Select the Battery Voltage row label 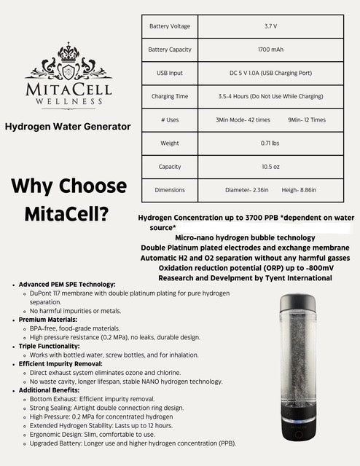pos(169,26)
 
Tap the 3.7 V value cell pos(270,26)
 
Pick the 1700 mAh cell pos(270,50)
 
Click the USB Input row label pos(169,73)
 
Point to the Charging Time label pos(169,96)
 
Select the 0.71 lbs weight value pos(270,143)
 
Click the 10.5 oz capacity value pos(270,167)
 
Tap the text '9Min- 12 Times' pos(307,119)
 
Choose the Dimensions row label pos(169,190)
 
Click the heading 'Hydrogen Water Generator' pos(68,126)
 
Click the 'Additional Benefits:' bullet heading pos(52,390)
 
